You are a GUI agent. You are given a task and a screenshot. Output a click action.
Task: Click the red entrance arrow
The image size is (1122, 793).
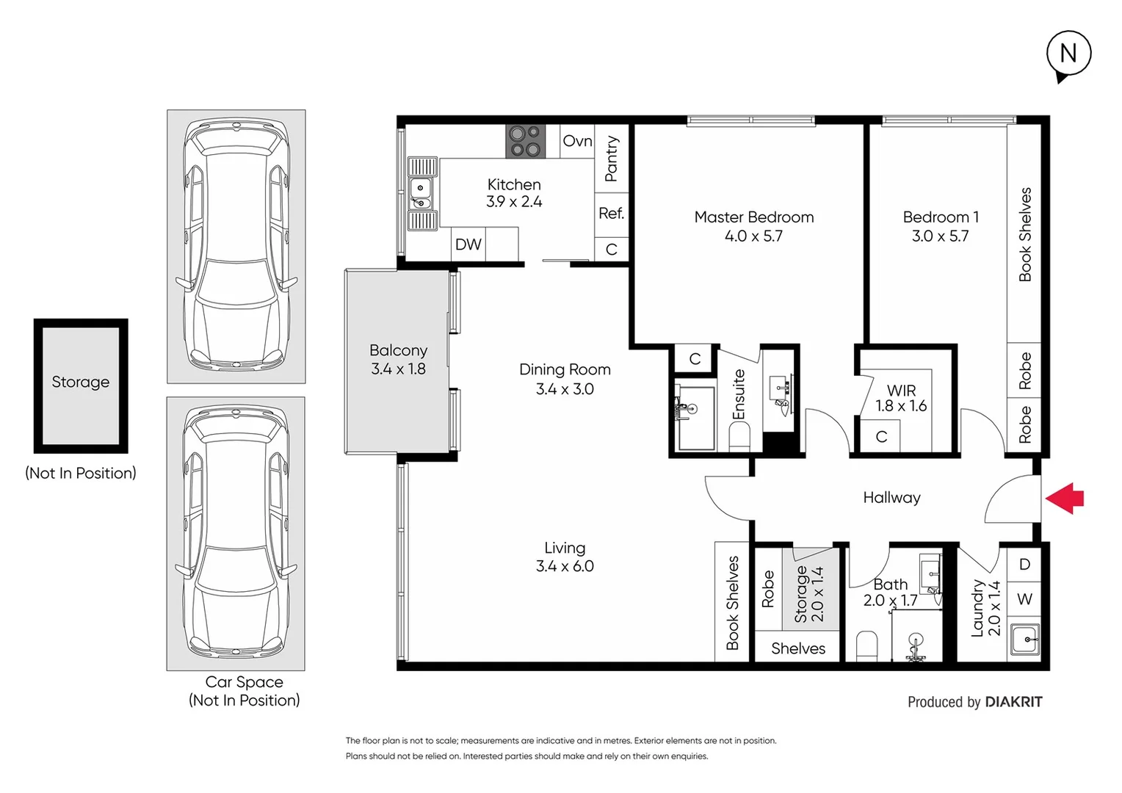pos(1065,498)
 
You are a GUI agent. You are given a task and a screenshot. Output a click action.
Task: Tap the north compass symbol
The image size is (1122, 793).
pos(1068,54)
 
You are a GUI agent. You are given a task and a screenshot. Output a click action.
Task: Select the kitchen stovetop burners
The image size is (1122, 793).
pos(525,142)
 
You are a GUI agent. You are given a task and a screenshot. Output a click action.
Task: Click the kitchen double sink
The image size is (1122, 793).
pos(421,194)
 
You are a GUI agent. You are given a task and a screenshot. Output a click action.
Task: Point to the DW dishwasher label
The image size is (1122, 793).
pos(468,245)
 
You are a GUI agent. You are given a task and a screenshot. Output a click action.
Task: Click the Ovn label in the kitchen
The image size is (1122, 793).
pos(577,141)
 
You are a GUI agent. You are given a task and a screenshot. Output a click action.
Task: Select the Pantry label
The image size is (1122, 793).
pos(611,159)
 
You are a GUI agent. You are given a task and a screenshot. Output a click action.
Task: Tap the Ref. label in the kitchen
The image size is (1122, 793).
pos(611,214)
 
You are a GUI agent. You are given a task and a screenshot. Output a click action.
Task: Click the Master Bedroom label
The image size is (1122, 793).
pos(753,217)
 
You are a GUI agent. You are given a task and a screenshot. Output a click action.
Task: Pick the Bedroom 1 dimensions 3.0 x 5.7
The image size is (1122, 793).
pos(940,236)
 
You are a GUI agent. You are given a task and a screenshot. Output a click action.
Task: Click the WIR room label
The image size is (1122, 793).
pos(901,391)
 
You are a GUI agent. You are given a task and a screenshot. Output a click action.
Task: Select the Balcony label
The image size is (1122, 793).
pos(398,351)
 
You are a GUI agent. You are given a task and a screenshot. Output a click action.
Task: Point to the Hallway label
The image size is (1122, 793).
pos(891,498)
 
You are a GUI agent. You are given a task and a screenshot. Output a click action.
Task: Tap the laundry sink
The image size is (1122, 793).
pos(1024,639)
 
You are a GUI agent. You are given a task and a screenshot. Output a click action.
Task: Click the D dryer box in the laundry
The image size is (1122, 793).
pos(1024,565)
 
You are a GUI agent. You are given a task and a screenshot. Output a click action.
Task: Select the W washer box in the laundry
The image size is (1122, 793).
pos(1024,600)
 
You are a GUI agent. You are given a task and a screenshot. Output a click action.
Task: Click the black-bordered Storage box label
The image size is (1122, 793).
pos(81,383)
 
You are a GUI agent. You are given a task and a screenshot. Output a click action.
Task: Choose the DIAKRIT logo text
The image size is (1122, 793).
pos(1013,702)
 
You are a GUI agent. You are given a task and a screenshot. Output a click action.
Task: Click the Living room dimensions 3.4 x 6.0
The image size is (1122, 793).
pos(565,566)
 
